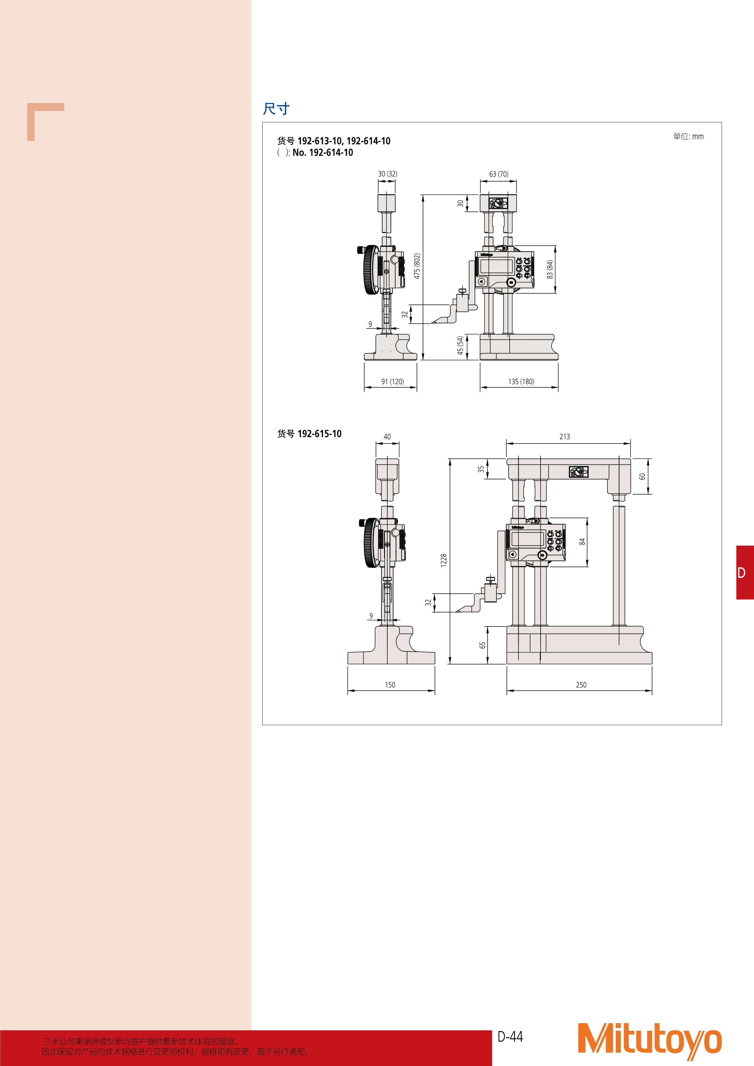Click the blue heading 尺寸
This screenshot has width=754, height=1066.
(276, 109)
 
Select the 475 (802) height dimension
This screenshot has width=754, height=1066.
(417, 266)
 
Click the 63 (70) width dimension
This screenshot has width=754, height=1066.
(499, 174)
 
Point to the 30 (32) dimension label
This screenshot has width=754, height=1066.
(387, 174)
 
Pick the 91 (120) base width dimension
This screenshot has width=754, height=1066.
(392, 382)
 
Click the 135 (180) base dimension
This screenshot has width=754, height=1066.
(521, 382)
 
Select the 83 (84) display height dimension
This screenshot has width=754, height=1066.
(550, 269)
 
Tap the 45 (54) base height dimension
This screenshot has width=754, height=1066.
(460, 345)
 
